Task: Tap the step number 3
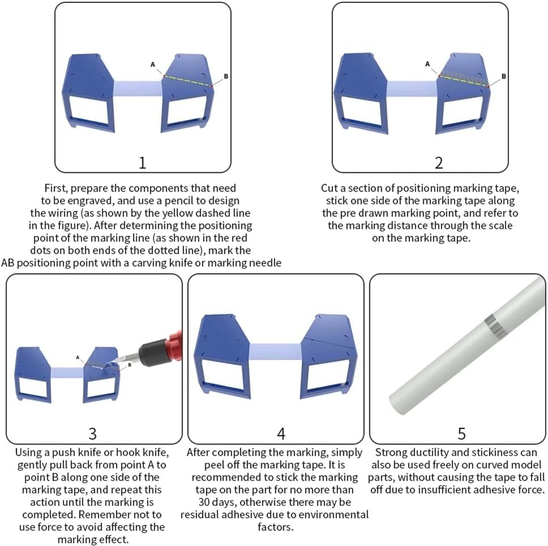click(x=92, y=434)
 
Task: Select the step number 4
click(x=281, y=434)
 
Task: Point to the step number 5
click(x=461, y=434)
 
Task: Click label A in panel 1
click(x=152, y=64)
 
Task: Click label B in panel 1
click(x=226, y=76)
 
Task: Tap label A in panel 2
click(x=427, y=64)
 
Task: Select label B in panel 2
click(x=503, y=76)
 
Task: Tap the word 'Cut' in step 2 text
click(x=329, y=188)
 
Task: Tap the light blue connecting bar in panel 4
click(x=275, y=352)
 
